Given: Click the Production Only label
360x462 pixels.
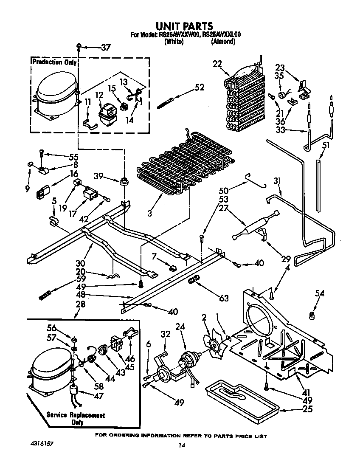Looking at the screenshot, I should pos(54,62).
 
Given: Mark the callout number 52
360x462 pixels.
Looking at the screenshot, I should pos(199,88).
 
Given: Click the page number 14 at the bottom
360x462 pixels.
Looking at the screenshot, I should pos(182,445).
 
